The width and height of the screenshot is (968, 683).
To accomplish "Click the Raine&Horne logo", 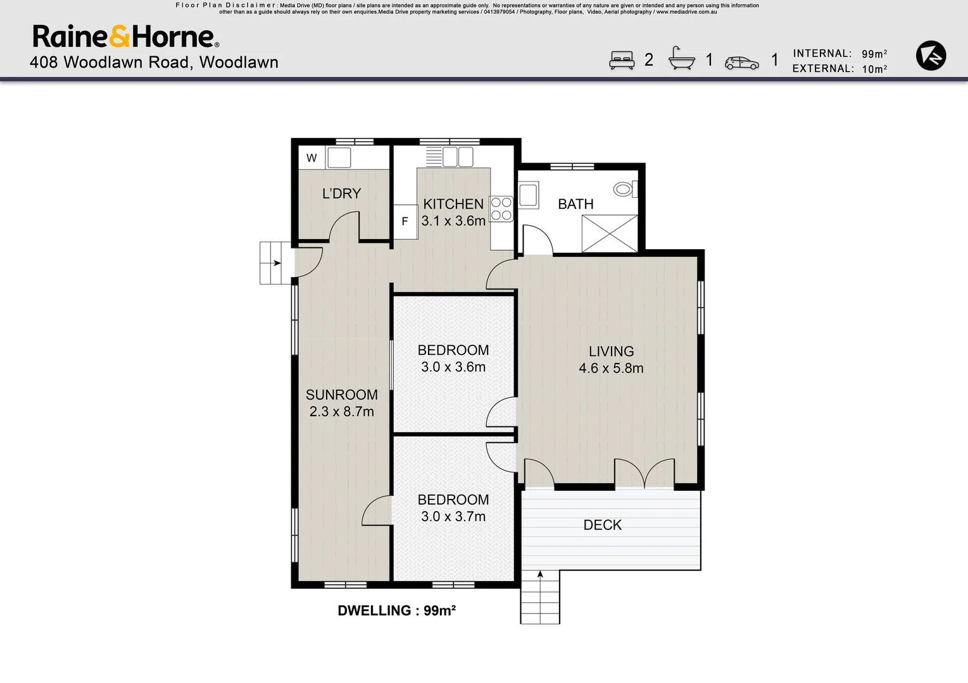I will pyautogui.click(x=125, y=37).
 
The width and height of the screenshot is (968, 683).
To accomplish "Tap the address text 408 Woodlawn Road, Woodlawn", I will pyautogui.click(x=154, y=63).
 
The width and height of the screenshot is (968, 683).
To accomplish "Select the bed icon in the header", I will pyautogui.click(x=622, y=60).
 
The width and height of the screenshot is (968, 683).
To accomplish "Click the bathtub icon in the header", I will pyautogui.click(x=681, y=59).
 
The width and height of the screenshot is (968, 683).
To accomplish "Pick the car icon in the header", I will pyautogui.click(x=741, y=63).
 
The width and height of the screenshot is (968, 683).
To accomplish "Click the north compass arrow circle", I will pyautogui.click(x=931, y=56).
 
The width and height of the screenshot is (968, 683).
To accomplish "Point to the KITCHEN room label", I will pyautogui.click(x=453, y=204).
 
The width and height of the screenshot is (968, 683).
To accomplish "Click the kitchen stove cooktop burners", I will pyautogui.click(x=501, y=209).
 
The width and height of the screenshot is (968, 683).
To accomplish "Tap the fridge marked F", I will pyautogui.click(x=405, y=221).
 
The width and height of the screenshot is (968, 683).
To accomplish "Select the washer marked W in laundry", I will pyautogui.click(x=311, y=158).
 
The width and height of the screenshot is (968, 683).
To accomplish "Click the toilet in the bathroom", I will pyautogui.click(x=624, y=189).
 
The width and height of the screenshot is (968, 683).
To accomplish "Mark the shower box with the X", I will pyautogui.click(x=610, y=233).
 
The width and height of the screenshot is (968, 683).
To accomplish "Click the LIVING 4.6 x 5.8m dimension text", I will pyautogui.click(x=611, y=368).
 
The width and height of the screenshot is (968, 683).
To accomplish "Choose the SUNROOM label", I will pyautogui.click(x=341, y=395).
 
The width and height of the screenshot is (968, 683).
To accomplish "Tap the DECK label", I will pyautogui.click(x=602, y=525).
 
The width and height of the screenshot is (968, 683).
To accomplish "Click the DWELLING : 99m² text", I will pyautogui.click(x=397, y=610).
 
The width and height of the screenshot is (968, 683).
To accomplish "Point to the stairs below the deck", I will pyautogui.click(x=540, y=597).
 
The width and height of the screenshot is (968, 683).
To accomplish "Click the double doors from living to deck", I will pyautogui.click(x=644, y=474).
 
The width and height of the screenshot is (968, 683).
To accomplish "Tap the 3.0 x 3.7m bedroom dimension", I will pyautogui.click(x=453, y=517).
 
